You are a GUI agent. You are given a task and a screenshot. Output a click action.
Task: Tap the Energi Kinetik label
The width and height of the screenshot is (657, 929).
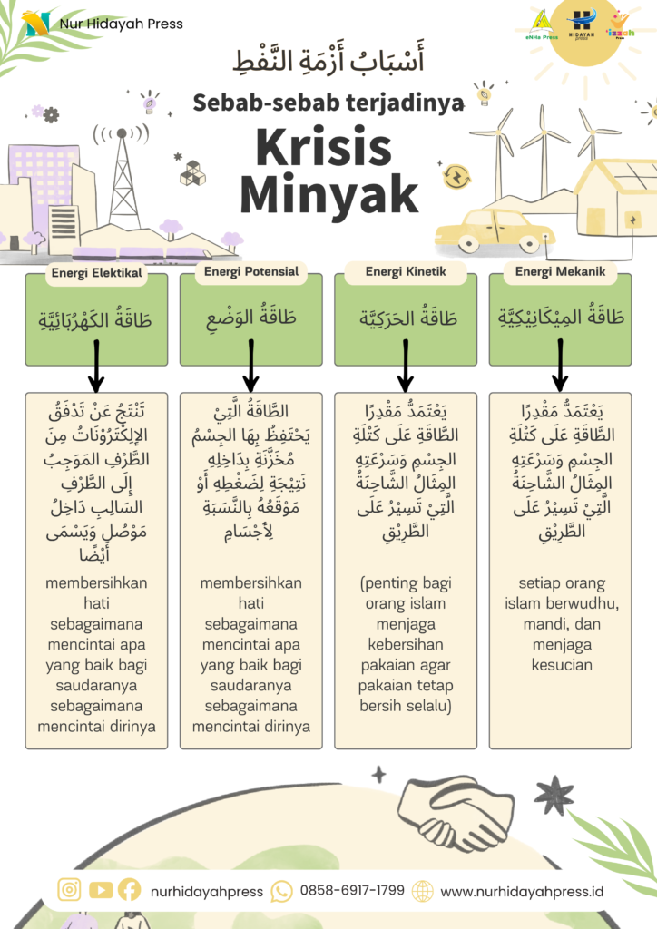(x=406, y=271)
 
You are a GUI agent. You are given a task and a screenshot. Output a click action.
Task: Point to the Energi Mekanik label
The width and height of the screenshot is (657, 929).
(x=560, y=271)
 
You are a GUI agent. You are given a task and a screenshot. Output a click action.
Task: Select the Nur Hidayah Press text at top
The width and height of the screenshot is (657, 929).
(x=121, y=24)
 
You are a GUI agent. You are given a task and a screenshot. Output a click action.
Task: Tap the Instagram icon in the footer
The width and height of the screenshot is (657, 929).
(x=69, y=890)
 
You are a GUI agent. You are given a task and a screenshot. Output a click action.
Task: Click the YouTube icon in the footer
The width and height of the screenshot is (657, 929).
(x=101, y=890)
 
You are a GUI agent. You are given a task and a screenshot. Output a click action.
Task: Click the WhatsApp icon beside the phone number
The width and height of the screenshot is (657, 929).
(x=282, y=890)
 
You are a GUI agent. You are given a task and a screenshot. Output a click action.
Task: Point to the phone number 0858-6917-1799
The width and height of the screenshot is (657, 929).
(x=352, y=890)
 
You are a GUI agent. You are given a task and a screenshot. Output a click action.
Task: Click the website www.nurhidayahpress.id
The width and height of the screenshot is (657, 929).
(x=522, y=890)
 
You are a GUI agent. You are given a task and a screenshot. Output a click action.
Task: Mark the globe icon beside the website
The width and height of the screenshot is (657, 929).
(x=423, y=890)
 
